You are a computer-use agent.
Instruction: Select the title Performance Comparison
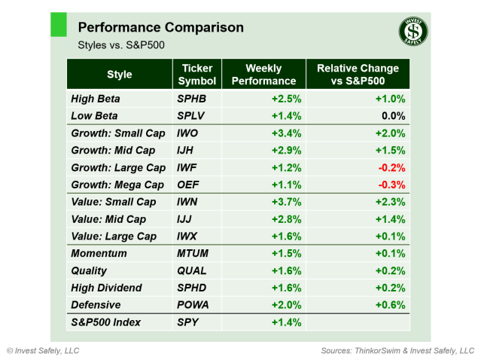(160, 28)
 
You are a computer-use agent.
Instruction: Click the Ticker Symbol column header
(197, 75)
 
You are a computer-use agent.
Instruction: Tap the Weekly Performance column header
(263, 75)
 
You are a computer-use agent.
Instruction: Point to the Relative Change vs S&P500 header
(358, 75)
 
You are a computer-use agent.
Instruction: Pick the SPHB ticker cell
(191, 99)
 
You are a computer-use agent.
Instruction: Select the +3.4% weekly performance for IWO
(286, 133)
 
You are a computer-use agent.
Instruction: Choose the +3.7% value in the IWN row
(286, 203)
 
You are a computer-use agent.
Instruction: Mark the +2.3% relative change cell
(391, 203)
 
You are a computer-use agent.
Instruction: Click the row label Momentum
(99, 254)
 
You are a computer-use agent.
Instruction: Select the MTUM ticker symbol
(192, 254)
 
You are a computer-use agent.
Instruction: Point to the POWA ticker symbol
(193, 305)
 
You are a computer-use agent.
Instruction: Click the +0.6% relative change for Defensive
(391, 305)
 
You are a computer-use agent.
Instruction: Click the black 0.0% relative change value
(394, 116)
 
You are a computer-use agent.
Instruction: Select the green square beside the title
(58, 24)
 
